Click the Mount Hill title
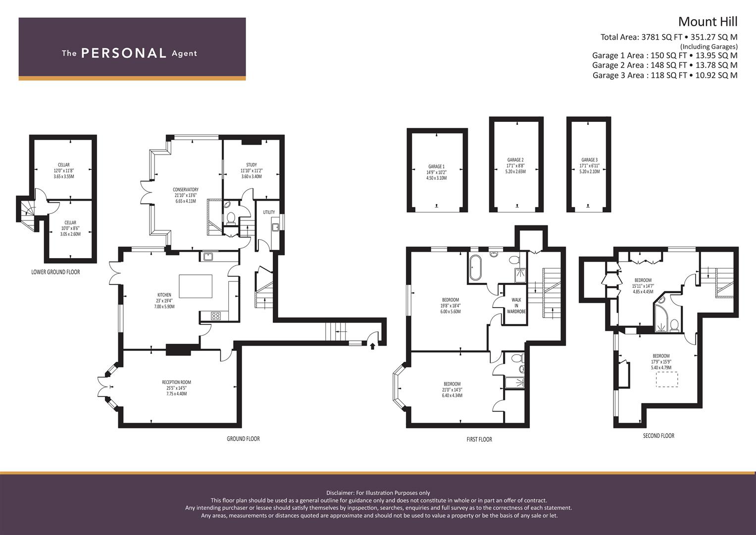[708, 22]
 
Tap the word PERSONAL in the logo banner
[124, 53]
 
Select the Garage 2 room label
[515, 165]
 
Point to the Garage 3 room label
[589, 165]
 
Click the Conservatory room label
[186, 195]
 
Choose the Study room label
[252, 170]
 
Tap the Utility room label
[269, 212]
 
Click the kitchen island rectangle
[196, 286]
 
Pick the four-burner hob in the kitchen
[216, 316]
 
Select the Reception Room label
[177, 388]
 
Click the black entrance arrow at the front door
[373, 346]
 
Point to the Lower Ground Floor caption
[55, 272]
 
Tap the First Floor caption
[479, 439]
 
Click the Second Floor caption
[658, 436]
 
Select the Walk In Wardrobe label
[516, 306]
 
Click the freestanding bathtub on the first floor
[474, 267]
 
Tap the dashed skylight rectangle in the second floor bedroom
[667, 379]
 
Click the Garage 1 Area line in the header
[665, 55]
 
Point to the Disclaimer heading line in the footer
[378, 493]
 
